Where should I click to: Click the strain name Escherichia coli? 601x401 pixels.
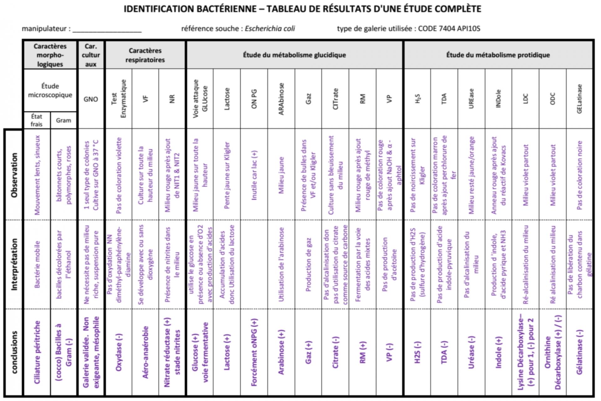pos(270,29)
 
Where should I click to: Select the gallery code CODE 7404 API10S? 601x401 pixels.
pos(449,29)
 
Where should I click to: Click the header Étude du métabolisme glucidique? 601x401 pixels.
pos(294,55)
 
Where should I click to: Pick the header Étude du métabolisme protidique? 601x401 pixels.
pos(498,55)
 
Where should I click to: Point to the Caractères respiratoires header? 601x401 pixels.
pos(145,55)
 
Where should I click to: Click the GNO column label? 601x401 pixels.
pos(90,99)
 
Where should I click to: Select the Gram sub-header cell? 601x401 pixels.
pos(63,121)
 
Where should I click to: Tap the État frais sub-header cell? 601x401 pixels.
pos(37,121)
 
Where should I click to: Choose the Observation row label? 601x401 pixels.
pos(14,175)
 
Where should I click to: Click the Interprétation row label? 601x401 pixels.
pos(14,265)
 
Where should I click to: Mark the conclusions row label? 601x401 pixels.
pos(14,352)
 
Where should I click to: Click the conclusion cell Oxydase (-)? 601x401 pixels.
pos(119,352)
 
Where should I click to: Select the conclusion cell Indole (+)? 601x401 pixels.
pos(498,352)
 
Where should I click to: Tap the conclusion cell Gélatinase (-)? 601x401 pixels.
pos(579,352)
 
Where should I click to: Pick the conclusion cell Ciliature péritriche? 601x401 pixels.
pos(37,352)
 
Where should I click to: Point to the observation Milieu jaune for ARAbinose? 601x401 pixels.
pos(281,175)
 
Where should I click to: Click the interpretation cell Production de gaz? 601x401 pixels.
pos(308,265)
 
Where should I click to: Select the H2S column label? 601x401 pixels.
pos(417,99)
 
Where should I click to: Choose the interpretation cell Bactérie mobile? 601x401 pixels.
pos(37,265)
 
